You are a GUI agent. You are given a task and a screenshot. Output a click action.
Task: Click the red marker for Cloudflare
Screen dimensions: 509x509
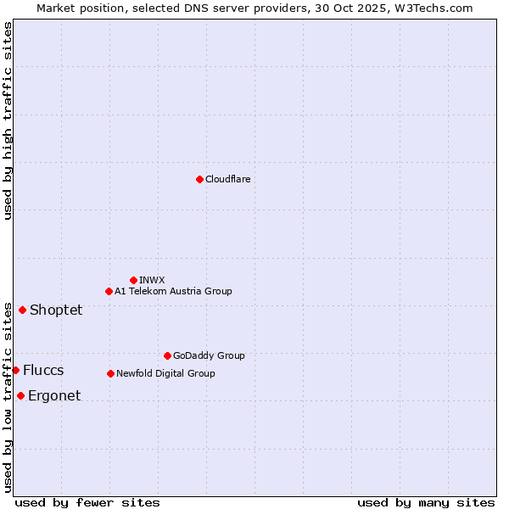(x=199, y=179)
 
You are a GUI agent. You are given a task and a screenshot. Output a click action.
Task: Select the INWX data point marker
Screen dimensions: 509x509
(x=133, y=280)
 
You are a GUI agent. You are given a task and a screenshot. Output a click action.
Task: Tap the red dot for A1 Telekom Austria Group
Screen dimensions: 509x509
(x=109, y=291)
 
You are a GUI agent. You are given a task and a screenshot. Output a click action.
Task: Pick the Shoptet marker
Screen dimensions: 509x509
(x=22, y=310)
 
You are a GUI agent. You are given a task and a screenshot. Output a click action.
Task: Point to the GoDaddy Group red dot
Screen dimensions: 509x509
(x=167, y=355)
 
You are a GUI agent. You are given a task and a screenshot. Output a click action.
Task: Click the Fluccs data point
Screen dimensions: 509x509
(x=15, y=370)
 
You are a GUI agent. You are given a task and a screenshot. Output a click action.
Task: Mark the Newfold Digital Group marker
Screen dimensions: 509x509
(x=110, y=373)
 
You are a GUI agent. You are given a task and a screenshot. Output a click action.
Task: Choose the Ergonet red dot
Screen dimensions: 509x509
(x=20, y=395)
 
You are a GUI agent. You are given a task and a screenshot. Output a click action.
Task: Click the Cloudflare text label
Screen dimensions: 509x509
(x=227, y=179)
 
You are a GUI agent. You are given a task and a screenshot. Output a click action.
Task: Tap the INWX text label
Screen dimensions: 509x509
(x=152, y=280)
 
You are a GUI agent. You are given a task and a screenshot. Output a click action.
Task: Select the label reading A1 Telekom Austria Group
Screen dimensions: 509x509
(x=173, y=291)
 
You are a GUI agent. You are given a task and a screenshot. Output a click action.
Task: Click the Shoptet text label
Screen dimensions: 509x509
(x=56, y=310)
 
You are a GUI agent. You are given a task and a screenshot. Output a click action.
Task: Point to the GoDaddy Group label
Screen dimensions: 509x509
(x=209, y=355)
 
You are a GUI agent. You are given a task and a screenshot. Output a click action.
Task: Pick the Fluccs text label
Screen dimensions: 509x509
(x=43, y=370)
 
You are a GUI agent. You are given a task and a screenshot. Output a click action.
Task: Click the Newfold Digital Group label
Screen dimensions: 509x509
(x=165, y=373)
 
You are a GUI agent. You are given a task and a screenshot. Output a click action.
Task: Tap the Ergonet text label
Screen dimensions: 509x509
(x=54, y=395)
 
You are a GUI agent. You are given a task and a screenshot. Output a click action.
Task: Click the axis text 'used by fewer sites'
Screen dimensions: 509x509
(x=87, y=502)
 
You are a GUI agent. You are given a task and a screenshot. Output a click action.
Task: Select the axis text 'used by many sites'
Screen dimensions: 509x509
(x=426, y=502)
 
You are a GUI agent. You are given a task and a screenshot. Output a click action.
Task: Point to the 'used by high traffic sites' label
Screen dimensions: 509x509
(x=8, y=120)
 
